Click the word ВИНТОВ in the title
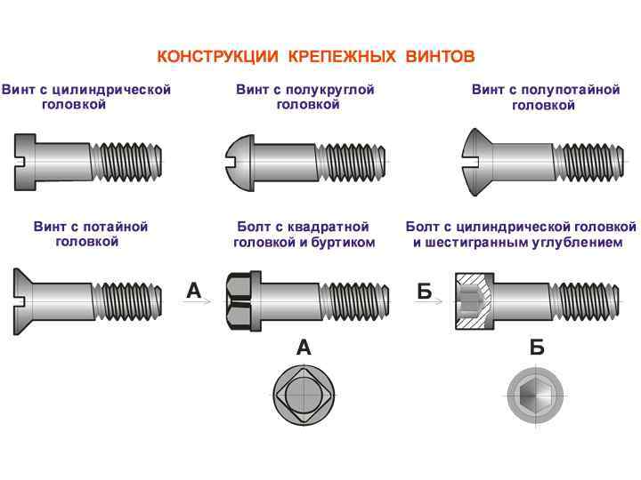tap(439, 57)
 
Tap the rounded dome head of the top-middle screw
tap(238, 159)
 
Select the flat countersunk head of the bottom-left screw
tap(26, 300)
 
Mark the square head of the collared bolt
tap(240, 300)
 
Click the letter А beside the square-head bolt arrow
tap(194, 290)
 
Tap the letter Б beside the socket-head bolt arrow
tap(425, 291)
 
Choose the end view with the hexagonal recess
tap(535, 395)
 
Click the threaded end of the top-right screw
tap(587, 161)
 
